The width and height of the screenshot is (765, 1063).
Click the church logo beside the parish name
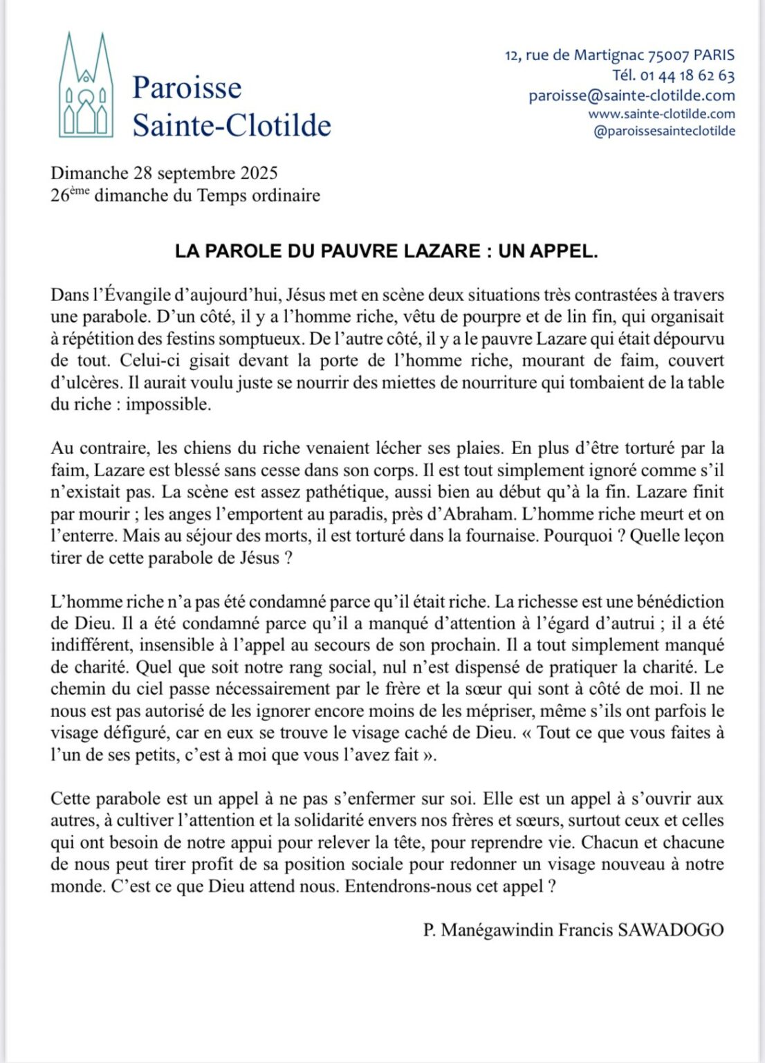click(86, 86)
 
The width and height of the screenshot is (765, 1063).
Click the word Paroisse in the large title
click(187, 88)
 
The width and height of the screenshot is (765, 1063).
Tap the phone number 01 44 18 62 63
click(688, 75)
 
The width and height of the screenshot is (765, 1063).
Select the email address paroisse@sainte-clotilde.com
click(632, 96)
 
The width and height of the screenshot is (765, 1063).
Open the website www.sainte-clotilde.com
click(661, 113)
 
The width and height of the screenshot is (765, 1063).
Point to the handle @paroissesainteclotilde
click(664, 131)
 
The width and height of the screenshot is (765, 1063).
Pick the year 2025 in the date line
click(259, 173)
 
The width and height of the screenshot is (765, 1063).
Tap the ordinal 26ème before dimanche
click(70, 194)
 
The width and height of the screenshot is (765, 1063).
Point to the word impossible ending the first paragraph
click(167, 405)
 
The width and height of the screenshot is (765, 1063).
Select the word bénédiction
click(674, 601)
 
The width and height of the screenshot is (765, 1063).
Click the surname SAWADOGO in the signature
click(670, 929)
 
